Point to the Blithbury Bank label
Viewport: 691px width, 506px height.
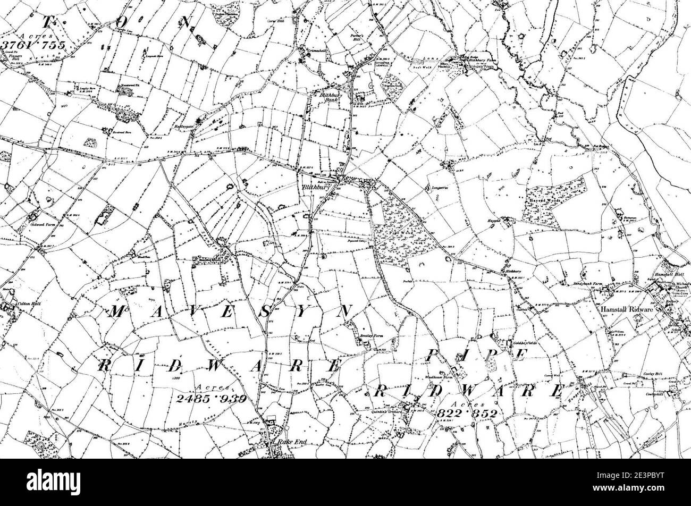pos(332,97)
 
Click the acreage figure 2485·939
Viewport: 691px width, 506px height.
pos(210,398)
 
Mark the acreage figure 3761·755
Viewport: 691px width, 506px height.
pos(33,45)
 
